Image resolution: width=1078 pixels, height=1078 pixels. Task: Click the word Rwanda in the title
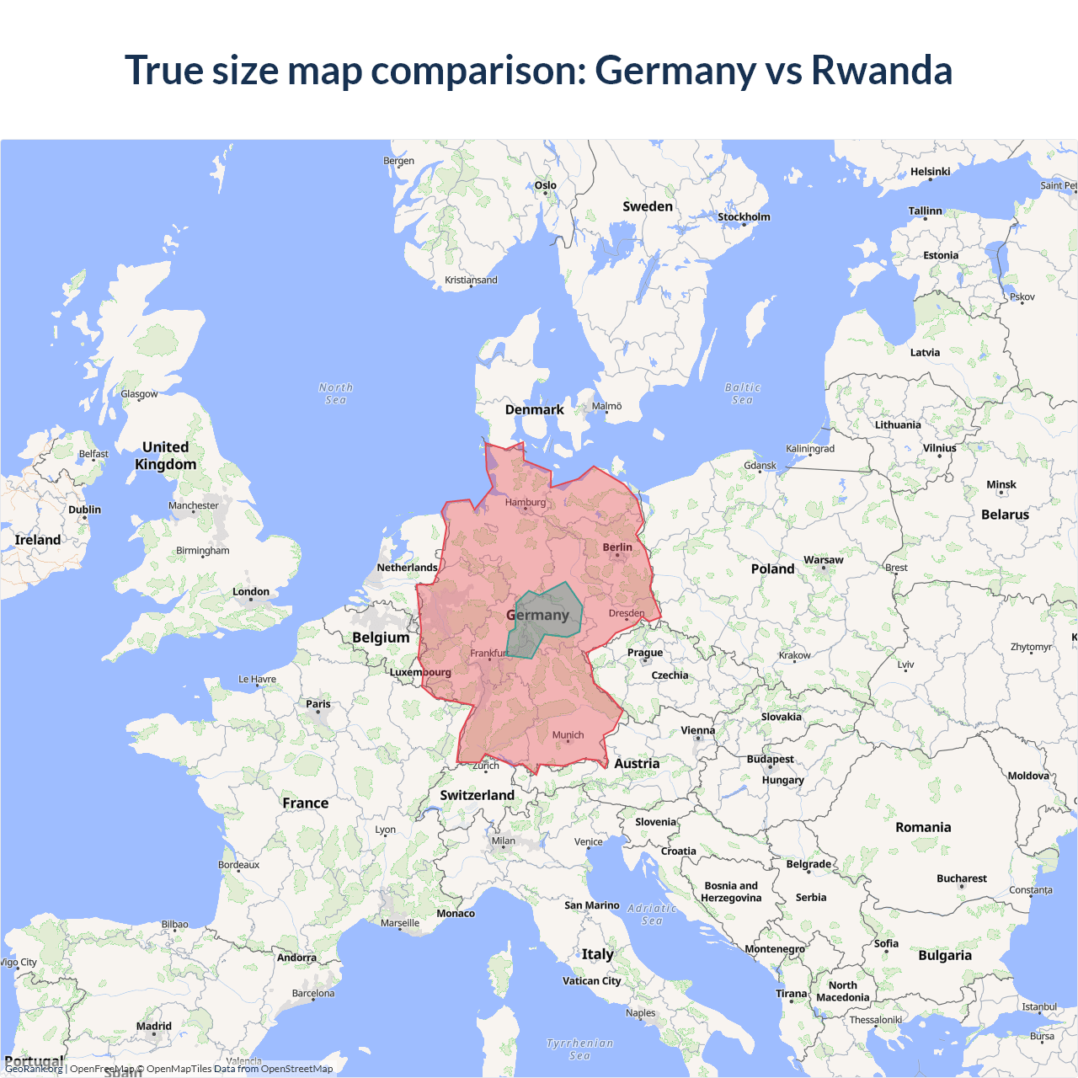881,70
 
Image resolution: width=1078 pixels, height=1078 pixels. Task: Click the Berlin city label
617,547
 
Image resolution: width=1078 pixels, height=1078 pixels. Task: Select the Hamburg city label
526,503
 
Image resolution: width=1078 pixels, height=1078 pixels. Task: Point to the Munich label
568,735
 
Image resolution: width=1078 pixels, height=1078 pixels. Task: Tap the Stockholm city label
744,217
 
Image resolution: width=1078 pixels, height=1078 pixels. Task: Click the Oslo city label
546,185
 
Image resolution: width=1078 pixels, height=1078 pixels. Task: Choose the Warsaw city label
823,560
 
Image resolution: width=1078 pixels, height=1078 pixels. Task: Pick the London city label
251,592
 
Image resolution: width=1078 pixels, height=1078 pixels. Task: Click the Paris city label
318,704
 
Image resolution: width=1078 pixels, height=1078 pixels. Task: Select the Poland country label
772,569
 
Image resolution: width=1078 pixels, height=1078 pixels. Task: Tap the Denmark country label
534,410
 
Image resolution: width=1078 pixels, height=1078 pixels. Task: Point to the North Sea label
336,393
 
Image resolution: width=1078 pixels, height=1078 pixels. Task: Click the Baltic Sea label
742,393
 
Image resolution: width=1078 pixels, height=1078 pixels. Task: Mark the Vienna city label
697,731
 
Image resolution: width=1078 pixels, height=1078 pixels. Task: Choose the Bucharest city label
961,878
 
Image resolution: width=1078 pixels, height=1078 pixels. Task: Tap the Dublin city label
84,510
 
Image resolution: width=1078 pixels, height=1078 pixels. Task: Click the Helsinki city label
930,172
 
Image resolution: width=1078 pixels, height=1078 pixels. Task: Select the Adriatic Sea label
652,914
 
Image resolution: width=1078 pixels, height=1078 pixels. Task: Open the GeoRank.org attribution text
34,1069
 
